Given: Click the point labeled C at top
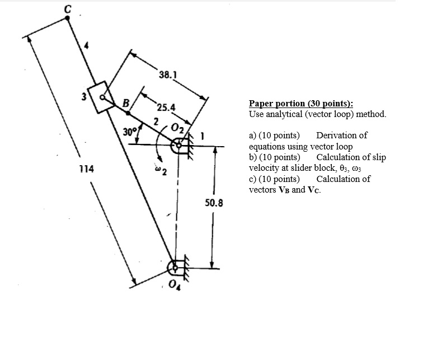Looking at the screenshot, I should tap(68, 18).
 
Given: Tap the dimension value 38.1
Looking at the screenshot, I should tap(168, 74).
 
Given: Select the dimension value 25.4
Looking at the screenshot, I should tap(166, 107).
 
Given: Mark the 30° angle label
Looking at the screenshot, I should tap(130, 133).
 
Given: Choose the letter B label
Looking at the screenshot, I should tap(126, 102).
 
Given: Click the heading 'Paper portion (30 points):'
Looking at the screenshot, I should tap(301, 104).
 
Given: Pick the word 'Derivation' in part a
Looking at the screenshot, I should tap(341, 135).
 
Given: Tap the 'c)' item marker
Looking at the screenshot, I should tap(253, 179).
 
